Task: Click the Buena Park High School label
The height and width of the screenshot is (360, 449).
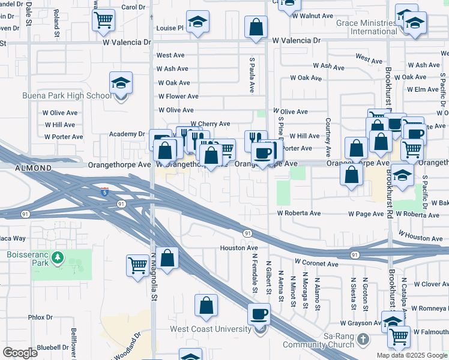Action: coord(66,96)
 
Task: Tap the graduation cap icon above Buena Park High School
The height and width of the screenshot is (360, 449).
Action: coord(121,83)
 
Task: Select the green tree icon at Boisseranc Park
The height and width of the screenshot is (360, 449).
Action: coord(58,259)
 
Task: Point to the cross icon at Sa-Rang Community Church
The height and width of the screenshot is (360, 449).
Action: coord(363,340)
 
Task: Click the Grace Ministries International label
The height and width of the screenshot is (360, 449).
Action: coord(366,27)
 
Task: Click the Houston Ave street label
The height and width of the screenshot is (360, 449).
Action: coord(238,248)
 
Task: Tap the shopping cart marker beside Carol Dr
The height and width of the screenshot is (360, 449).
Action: coord(103,20)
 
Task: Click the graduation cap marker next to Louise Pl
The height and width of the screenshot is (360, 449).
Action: coord(197,22)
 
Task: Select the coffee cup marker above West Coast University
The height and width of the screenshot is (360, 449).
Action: coord(259,313)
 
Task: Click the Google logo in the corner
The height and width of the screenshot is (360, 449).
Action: coord(20,353)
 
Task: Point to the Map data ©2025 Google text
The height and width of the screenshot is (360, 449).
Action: coord(412,355)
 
